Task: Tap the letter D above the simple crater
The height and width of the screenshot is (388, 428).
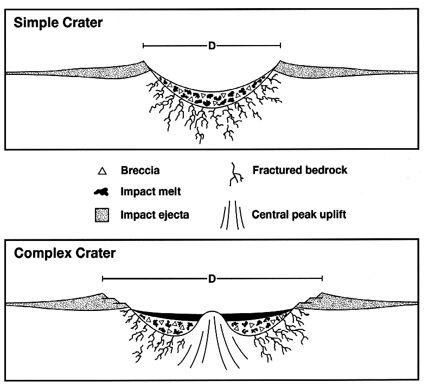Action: coord(212,46)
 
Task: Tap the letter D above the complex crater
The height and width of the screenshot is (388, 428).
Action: coord(212,279)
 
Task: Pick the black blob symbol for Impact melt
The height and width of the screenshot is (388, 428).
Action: coord(101,193)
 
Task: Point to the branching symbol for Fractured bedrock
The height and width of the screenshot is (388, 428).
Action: coord(235,174)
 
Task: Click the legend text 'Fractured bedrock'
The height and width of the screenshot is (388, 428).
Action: coord(299,170)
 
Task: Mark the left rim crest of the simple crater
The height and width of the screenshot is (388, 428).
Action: coord(143,61)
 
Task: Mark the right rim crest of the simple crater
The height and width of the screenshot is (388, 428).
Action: coord(280,61)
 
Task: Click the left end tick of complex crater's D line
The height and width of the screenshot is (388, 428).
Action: coord(103,279)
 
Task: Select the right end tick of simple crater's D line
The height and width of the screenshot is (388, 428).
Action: coord(280,46)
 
